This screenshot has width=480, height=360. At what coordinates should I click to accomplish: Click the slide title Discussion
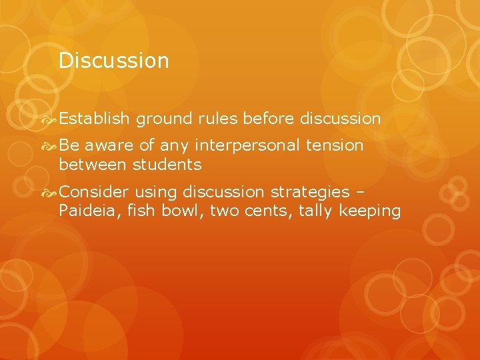[113, 61]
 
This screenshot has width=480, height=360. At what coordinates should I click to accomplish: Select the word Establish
[94, 119]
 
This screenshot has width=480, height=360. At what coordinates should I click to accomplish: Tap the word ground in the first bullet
[164, 119]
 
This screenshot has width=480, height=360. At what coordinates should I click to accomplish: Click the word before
[269, 119]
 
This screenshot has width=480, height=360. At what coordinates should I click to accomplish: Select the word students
[167, 164]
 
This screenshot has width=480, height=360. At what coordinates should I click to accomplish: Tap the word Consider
[93, 192]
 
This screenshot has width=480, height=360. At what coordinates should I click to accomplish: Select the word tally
[317, 212]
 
